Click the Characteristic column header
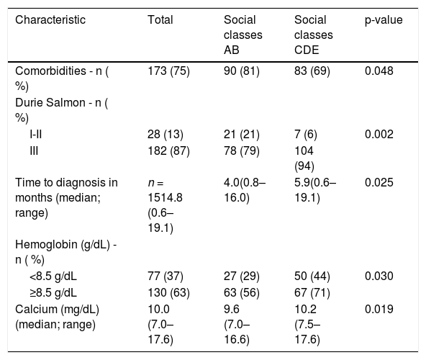click(x=50, y=20)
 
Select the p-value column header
click(x=384, y=20)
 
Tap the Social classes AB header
click(x=243, y=35)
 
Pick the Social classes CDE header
click(x=314, y=35)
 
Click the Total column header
click(x=160, y=20)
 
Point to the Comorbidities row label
click(x=62, y=78)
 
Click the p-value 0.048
click(x=379, y=71)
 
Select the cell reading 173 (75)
click(x=168, y=71)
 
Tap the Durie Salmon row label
click(x=62, y=110)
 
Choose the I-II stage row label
click(x=35, y=135)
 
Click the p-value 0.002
click(x=379, y=135)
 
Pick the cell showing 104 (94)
click(x=304, y=158)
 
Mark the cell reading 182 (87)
click(x=168, y=151)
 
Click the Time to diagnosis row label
click(x=66, y=197)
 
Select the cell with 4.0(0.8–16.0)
click(x=245, y=190)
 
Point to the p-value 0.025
click(x=379, y=182)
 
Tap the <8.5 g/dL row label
click(x=53, y=276)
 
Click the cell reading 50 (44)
click(x=312, y=276)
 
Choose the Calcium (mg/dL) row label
click(x=57, y=317)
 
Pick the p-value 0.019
click(x=379, y=310)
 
